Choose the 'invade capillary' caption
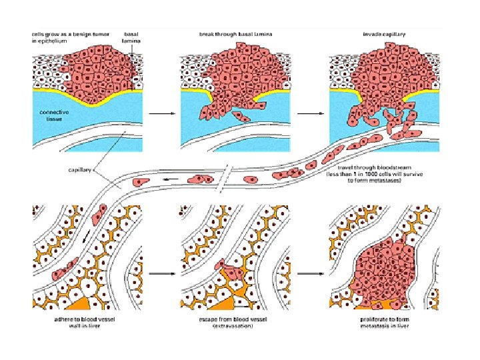pos(381,33)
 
